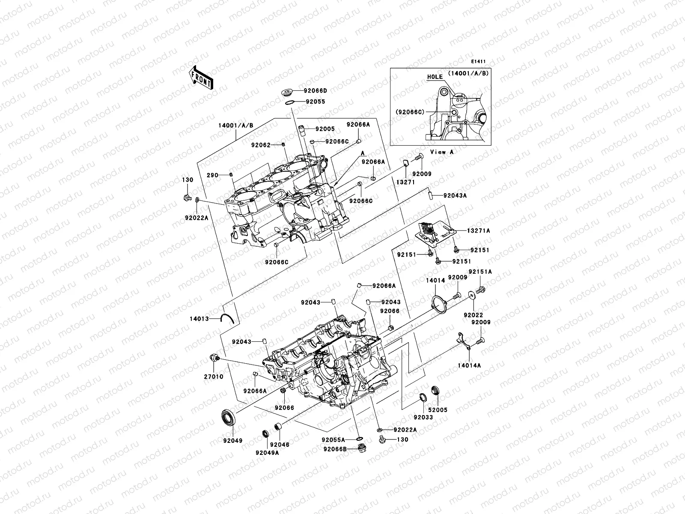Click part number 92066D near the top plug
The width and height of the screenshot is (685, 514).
pyautogui.click(x=315, y=91)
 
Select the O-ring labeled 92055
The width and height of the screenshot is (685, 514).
pyautogui.click(x=290, y=102)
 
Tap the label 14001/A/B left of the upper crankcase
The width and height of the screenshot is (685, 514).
pyautogui.click(x=235, y=126)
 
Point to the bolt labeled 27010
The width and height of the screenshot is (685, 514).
pyautogui.click(x=214, y=357)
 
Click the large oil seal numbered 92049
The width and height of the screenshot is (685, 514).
pyautogui.click(x=229, y=418)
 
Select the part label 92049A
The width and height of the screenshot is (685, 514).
pyautogui.click(x=267, y=453)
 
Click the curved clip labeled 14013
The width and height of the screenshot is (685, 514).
pyautogui.click(x=226, y=318)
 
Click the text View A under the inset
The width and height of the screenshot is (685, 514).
pyautogui.click(x=442, y=152)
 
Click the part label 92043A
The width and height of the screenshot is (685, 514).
pyautogui.click(x=455, y=195)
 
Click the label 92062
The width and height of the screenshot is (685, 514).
pyautogui.click(x=261, y=145)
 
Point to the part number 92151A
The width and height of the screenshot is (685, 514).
pyautogui.click(x=480, y=272)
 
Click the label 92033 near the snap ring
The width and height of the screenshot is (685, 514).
pyautogui.click(x=423, y=417)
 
